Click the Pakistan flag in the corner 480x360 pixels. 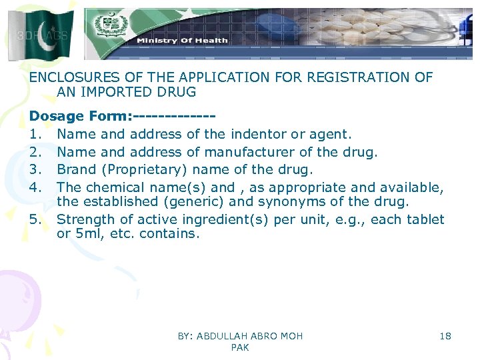[x=41, y=34]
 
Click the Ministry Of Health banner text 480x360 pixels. [x=182, y=41]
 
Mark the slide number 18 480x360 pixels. [x=445, y=336]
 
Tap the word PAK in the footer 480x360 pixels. [x=240, y=347]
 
